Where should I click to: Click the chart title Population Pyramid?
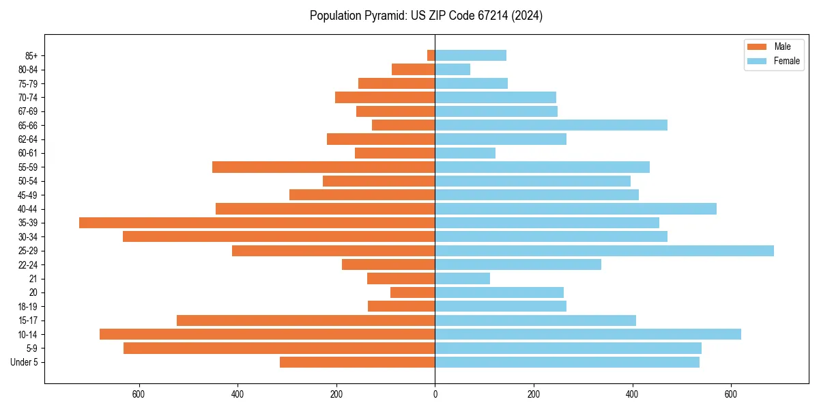(x=426, y=16)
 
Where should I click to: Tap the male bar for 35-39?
(x=257, y=223)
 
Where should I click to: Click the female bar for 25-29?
(x=604, y=251)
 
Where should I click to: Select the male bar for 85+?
(x=431, y=55)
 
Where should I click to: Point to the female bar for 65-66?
(x=551, y=125)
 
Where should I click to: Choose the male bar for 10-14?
(x=267, y=334)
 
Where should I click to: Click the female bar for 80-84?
(x=452, y=69)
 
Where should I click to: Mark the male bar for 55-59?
(x=324, y=167)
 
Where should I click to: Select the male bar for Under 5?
(x=357, y=362)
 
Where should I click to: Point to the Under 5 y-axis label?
(x=24, y=362)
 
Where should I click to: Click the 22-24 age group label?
(x=28, y=264)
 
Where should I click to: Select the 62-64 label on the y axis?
(x=28, y=139)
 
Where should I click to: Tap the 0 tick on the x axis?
(x=435, y=394)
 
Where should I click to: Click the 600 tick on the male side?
(x=139, y=394)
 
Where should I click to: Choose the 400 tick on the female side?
(x=632, y=394)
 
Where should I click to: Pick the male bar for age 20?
(x=412, y=292)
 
